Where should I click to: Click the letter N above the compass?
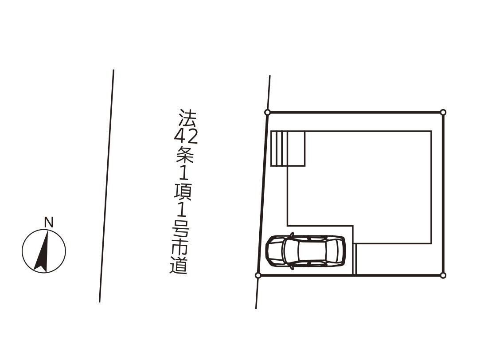click(x=49, y=222)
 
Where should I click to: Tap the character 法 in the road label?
click(x=187, y=117)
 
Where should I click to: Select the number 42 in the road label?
click(x=186, y=135)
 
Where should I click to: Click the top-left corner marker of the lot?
click(x=267, y=113)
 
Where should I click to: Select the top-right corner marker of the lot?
click(x=443, y=113)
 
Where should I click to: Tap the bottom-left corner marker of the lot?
click(x=258, y=275)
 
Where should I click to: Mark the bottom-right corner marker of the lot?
click(x=443, y=275)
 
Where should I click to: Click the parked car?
click(x=305, y=251)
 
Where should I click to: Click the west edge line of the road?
click(x=106, y=186)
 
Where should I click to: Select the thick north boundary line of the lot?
click(x=355, y=113)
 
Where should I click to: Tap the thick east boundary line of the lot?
click(x=443, y=195)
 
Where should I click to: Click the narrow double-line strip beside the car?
click(x=355, y=259)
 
